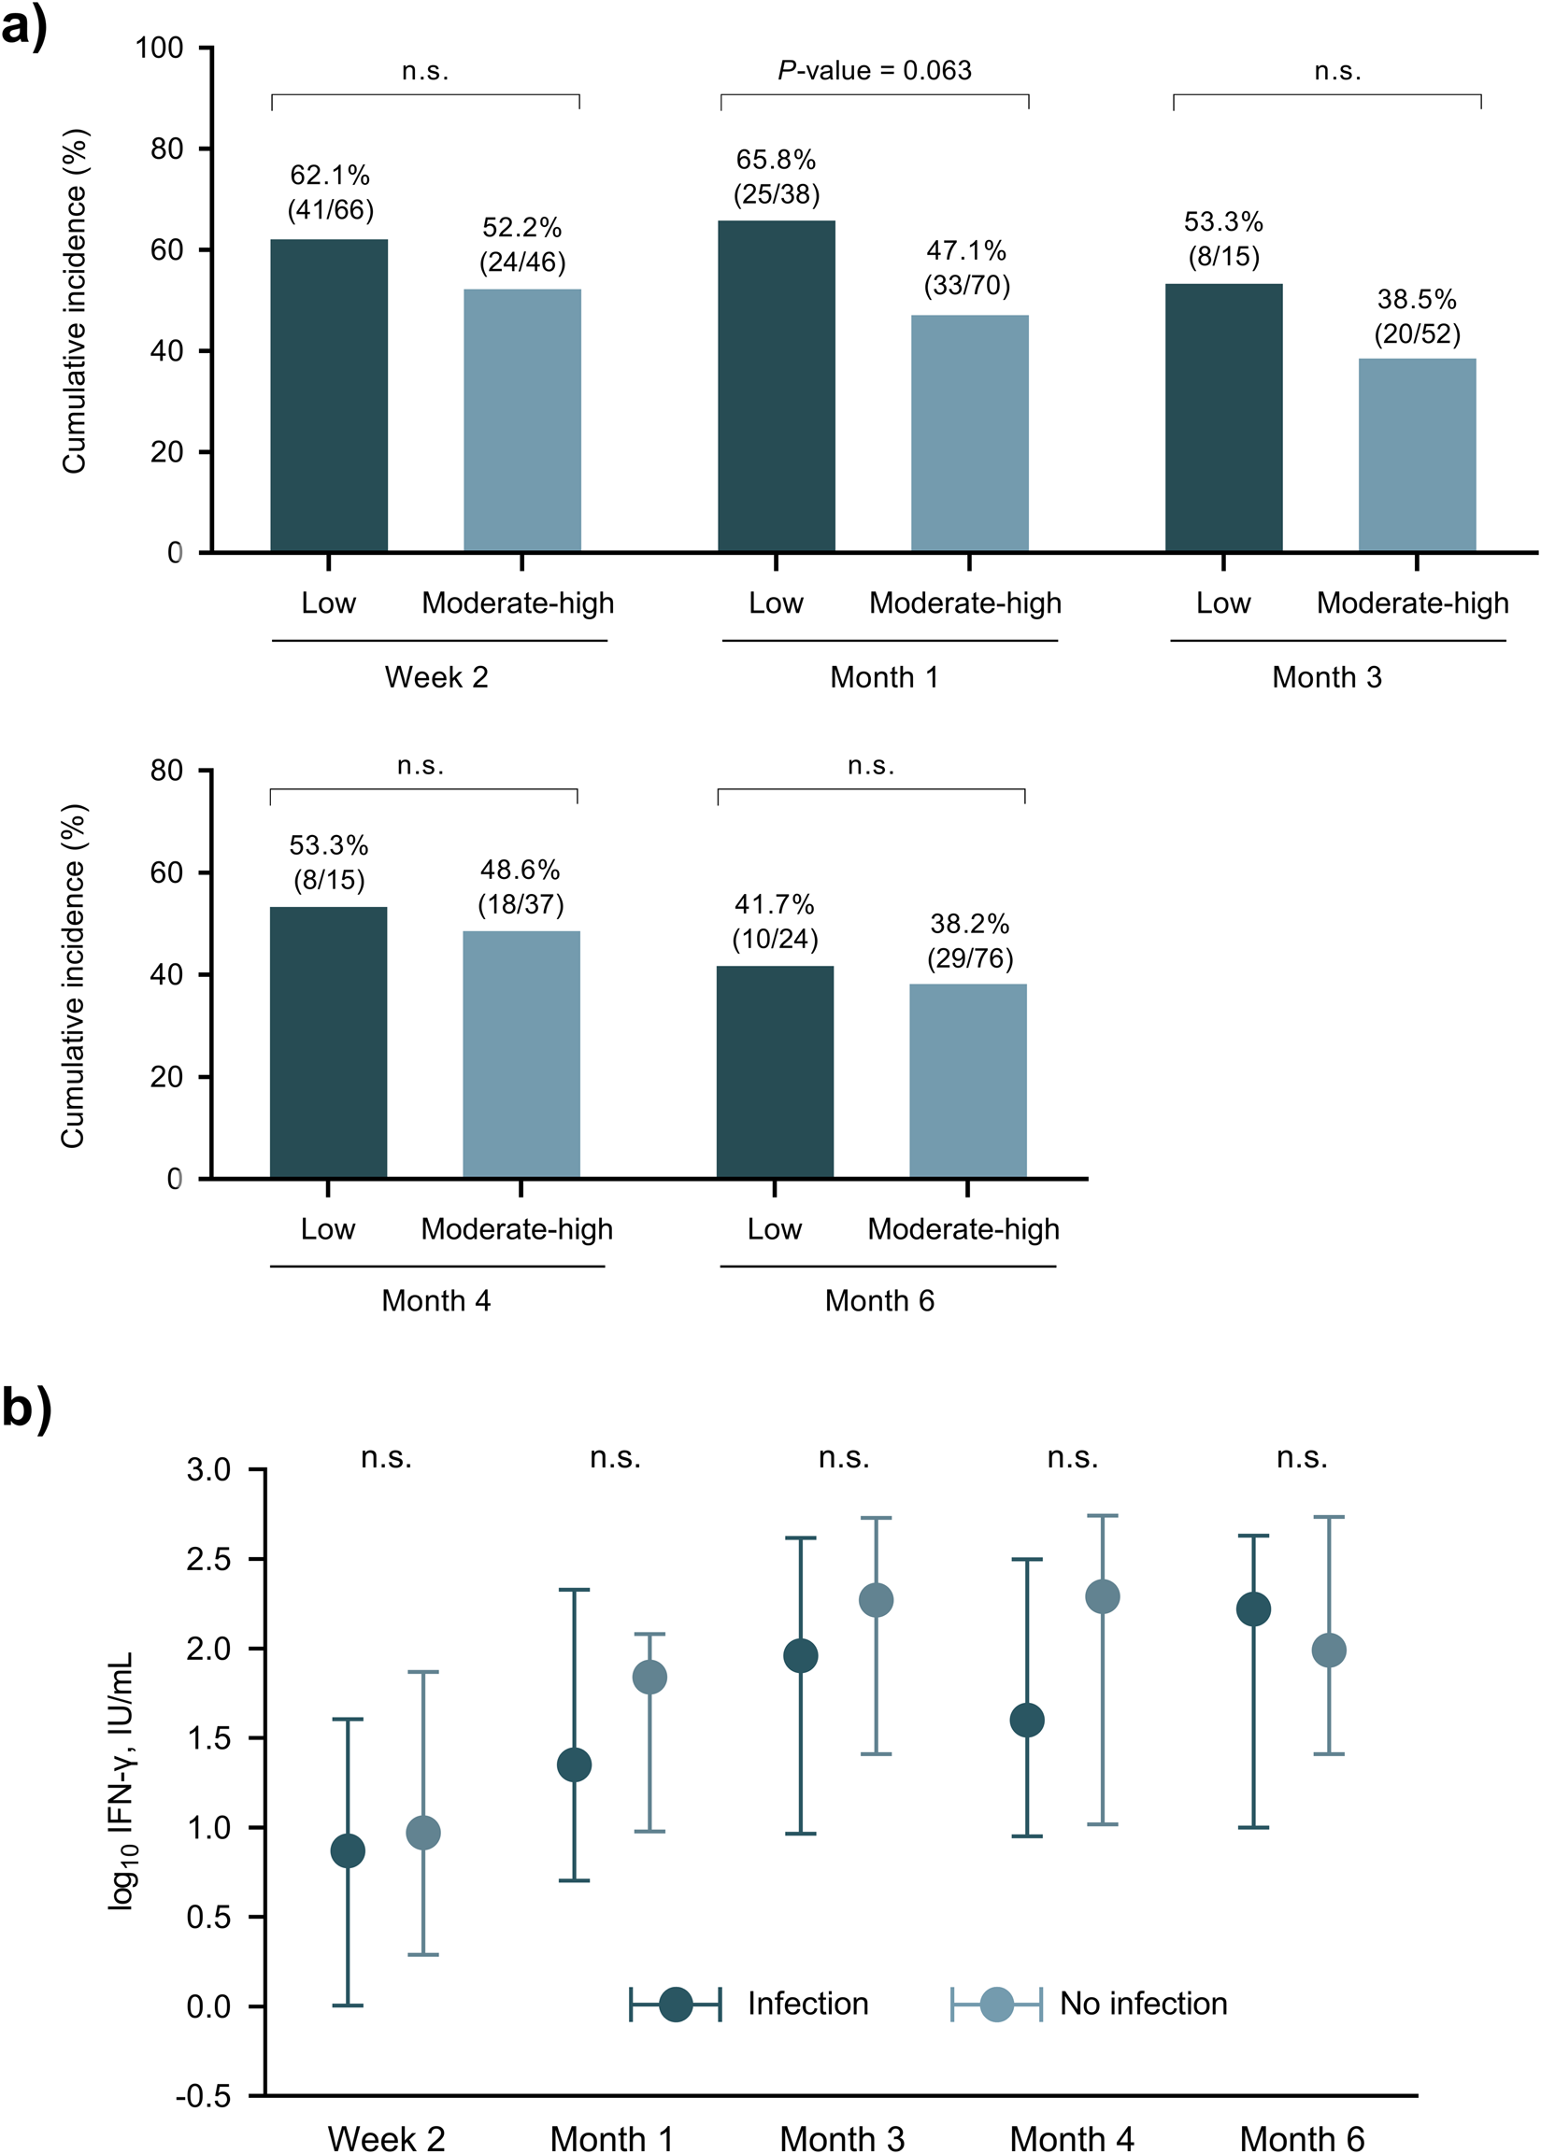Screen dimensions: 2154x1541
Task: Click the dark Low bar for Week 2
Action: tap(328, 395)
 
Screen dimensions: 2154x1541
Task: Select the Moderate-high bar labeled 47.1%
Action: tap(969, 433)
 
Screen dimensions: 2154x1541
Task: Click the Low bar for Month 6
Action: tap(775, 1071)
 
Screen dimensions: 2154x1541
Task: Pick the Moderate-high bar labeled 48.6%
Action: tap(521, 1054)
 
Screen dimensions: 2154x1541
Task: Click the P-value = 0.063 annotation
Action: tap(874, 71)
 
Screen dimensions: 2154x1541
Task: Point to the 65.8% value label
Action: tap(776, 160)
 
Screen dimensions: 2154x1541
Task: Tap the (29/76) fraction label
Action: tap(969, 958)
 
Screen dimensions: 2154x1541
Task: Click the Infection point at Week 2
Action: tap(348, 1850)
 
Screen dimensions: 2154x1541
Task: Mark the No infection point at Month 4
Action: tap(1102, 1596)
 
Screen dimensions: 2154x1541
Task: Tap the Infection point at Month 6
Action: tap(1253, 1608)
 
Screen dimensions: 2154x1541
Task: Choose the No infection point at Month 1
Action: tap(649, 1677)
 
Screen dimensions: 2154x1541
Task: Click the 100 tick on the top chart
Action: tap(160, 49)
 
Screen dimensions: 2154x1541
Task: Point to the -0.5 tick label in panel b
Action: tap(203, 2096)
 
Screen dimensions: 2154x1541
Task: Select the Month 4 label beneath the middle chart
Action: tap(435, 1300)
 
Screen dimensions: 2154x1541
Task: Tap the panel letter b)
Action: tap(25, 1409)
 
